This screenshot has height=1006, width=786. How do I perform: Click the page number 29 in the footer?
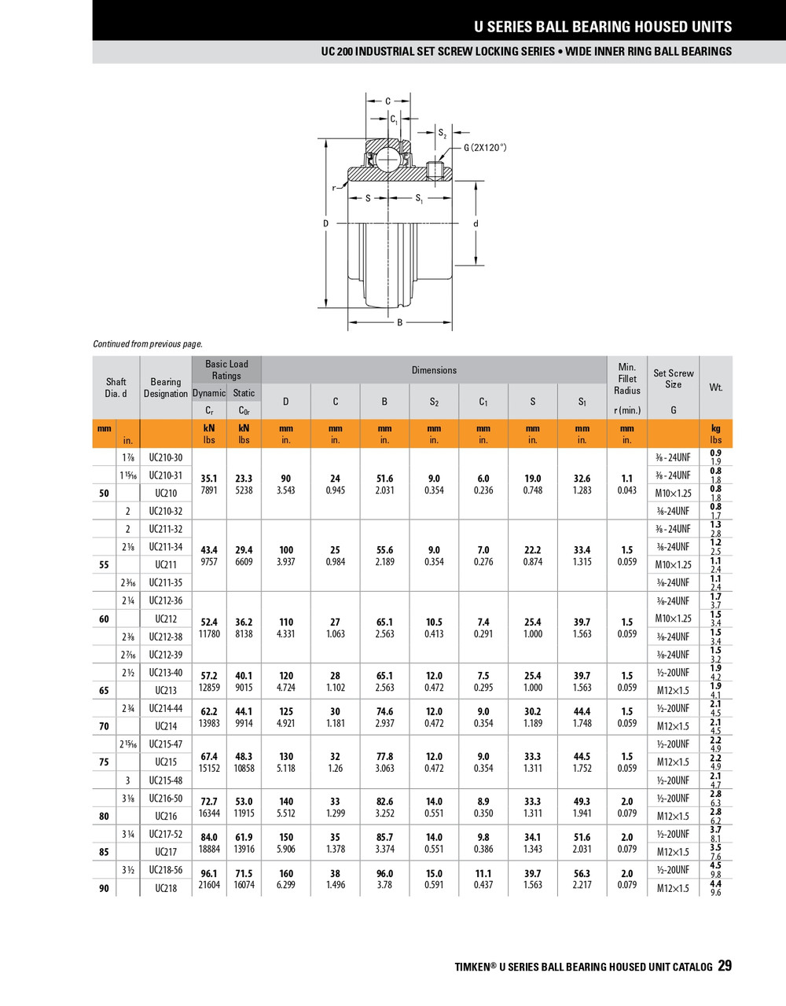724,966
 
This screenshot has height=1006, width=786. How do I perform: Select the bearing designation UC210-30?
166,457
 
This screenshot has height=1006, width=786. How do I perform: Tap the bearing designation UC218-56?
166,870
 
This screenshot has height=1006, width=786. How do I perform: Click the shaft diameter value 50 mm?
104,494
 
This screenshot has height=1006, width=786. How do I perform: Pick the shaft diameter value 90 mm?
104,888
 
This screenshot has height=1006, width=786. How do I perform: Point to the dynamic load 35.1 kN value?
209,478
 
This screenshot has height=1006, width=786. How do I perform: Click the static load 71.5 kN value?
244,873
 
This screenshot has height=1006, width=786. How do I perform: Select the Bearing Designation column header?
166,387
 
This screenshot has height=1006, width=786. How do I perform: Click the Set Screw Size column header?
674,379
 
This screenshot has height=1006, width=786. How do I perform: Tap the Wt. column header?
715,387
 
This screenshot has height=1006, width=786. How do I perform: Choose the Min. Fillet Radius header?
627,379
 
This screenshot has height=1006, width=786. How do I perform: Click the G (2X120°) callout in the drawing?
485,147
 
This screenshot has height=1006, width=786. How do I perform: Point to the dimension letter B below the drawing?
399,322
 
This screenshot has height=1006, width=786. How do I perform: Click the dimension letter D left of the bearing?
326,224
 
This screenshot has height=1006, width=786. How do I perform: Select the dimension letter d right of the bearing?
476,224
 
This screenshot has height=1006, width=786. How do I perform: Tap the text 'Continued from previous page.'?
148,343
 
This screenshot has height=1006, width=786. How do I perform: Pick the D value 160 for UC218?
286,873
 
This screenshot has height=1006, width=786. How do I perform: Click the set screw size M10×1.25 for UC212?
674,619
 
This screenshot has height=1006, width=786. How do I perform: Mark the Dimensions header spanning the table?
434,370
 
